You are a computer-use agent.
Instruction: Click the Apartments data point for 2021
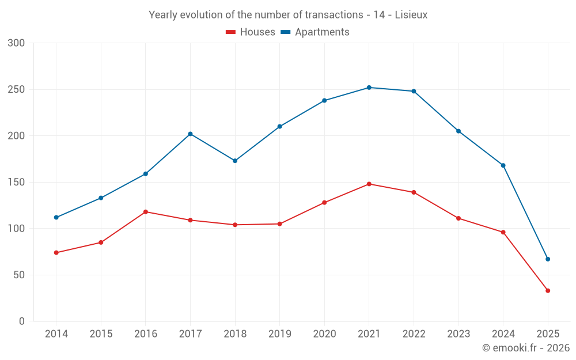(369, 88)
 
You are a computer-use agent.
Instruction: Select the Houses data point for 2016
(145, 212)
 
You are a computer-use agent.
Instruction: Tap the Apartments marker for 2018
(235, 161)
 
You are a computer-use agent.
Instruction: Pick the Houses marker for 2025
(548, 291)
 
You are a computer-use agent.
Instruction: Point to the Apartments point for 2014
(56, 217)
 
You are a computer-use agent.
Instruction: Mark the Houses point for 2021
(369, 184)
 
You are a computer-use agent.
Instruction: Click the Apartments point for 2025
(548, 259)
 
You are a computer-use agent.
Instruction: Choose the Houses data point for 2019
(279, 224)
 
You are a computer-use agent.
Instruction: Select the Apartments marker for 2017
(190, 134)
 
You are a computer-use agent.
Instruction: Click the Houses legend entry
(251, 32)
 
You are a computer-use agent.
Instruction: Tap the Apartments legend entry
(316, 32)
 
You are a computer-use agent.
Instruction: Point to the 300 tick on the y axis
(17, 43)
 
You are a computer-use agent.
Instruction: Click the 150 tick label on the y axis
(17, 182)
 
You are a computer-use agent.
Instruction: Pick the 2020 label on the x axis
(324, 334)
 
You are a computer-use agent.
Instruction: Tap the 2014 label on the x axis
(56, 334)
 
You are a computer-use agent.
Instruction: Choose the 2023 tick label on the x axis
(458, 334)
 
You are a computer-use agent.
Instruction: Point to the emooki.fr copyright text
(526, 348)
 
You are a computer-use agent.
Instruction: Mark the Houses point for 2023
(458, 218)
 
